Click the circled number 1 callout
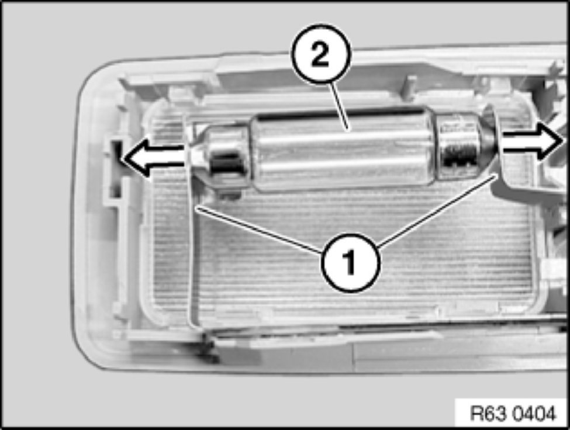(x=350, y=262)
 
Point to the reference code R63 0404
(x=513, y=413)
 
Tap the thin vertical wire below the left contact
(x=191, y=254)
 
